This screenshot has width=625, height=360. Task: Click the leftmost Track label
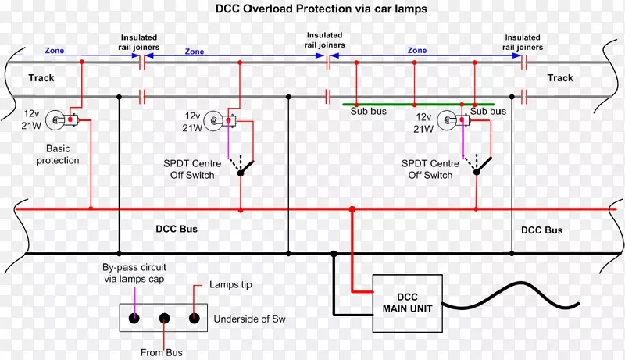tap(41, 78)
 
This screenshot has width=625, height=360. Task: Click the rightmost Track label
tap(559, 78)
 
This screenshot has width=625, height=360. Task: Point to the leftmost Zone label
tap(55, 51)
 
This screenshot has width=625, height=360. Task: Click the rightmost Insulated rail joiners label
tap(523, 42)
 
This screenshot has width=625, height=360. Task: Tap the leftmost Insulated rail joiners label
tap(139, 42)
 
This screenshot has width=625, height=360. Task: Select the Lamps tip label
tap(231, 286)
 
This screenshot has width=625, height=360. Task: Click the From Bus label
tap(163, 352)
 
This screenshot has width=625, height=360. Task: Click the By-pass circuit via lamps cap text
tap(134, 273)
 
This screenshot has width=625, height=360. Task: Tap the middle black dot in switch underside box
tap(164, 318)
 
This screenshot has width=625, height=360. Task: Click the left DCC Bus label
tap(171, 230)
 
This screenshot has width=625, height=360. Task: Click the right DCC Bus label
tap(541, 230)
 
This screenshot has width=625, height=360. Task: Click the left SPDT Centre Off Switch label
tap(196, 169)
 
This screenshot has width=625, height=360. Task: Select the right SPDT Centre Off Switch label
tap(430, 169)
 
